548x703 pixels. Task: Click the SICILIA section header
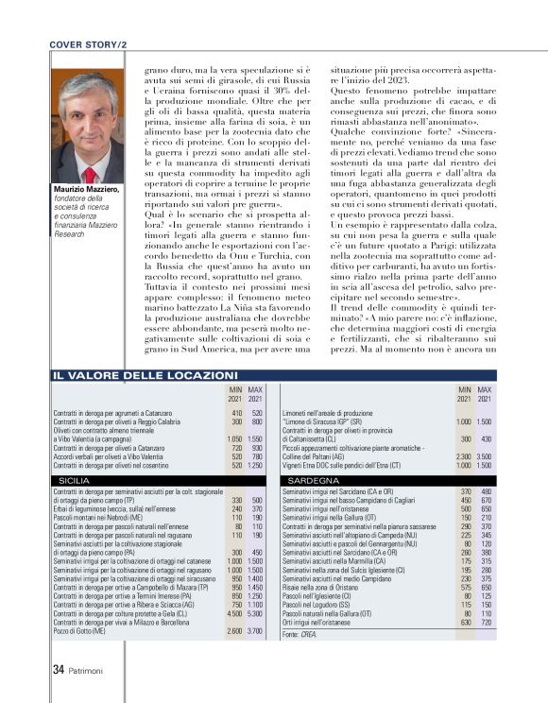point(76,481)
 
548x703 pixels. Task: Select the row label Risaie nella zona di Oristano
point(330,587)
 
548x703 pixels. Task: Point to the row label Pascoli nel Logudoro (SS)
point(327,605)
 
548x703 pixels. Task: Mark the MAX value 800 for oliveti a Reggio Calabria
point(256,421)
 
